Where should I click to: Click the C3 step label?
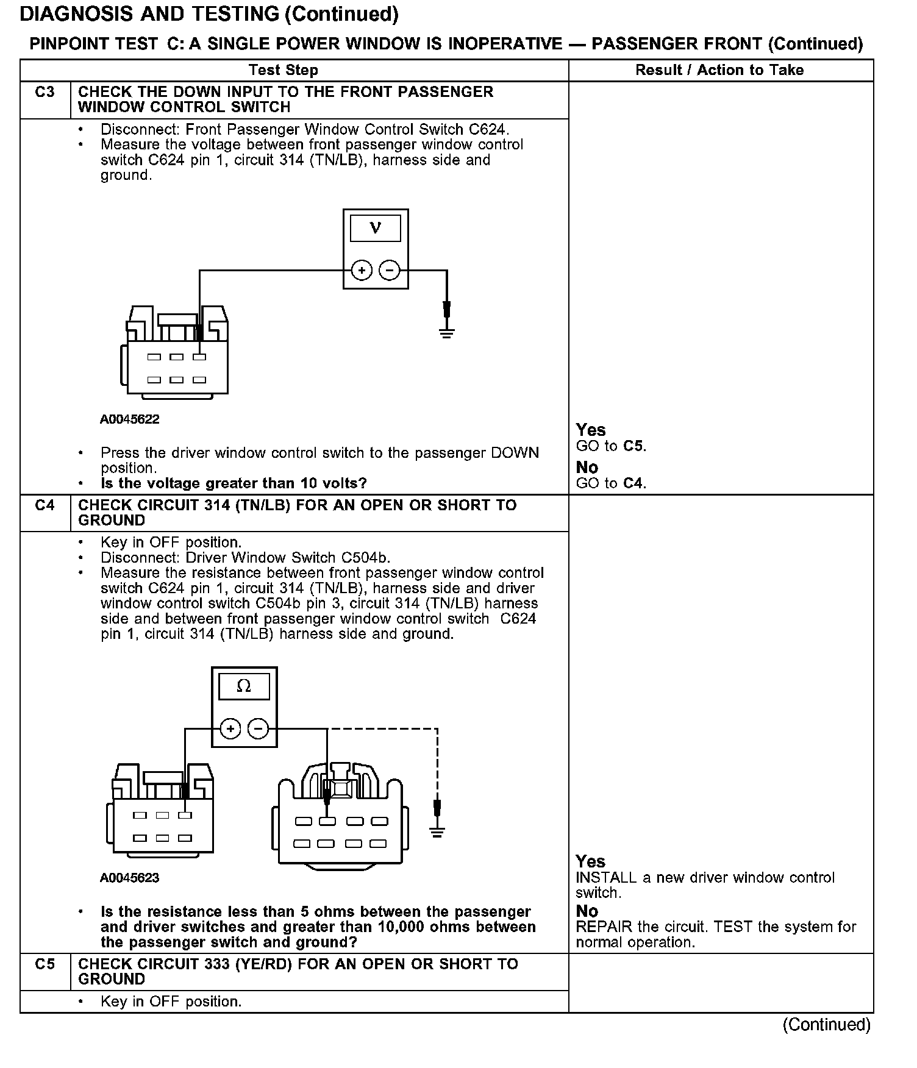(x=45, y=92)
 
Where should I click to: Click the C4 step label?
(x=45, y=505)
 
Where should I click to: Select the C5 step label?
(x=45, y=964)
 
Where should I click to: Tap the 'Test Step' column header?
(x=284, y=70)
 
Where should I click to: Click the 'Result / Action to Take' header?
(x=719, y=70)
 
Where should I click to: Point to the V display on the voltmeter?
(x=376, y=229)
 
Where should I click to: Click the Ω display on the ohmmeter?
(x=244, y=686)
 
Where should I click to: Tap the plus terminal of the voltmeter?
(x=362, y=270)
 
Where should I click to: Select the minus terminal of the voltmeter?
(x=390, y=270)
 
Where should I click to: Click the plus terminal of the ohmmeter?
(x=230, y=728)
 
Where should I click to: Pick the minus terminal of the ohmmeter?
(x=258, y=728)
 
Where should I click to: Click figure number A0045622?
(x=130, y=419)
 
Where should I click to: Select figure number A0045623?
(x=130, y=878)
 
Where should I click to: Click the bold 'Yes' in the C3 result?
(x=590, y=430)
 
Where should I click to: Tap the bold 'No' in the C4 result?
(x=587, y=911)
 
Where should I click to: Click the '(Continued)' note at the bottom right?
(x=826, y=1024)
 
